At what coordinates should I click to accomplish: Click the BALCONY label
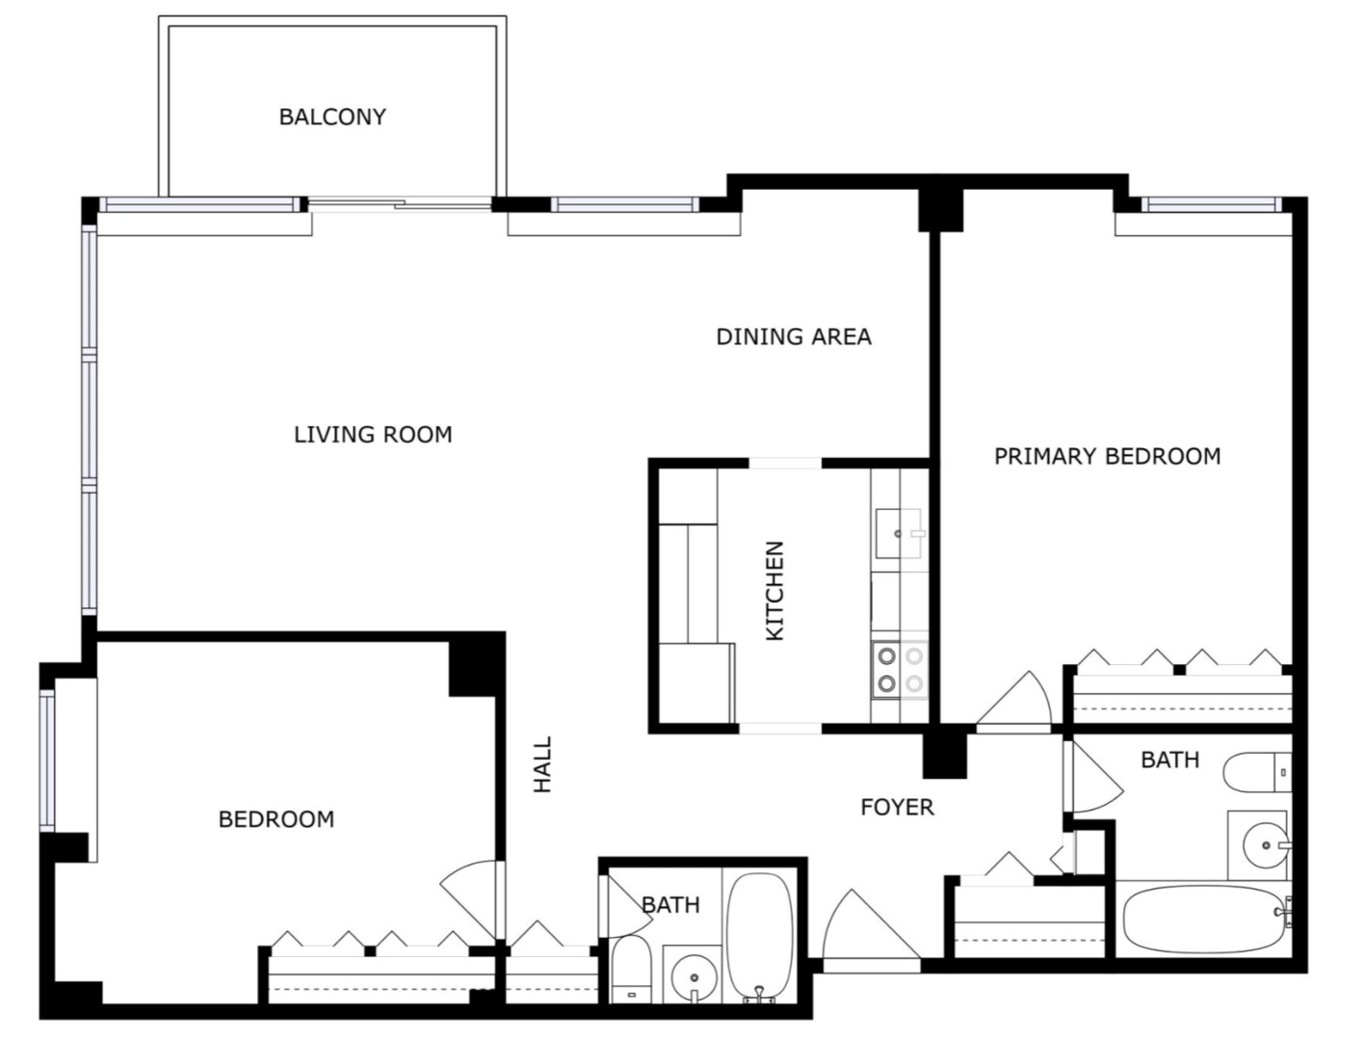332,117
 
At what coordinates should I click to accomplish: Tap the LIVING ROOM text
373,435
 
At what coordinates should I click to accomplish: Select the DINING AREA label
793,336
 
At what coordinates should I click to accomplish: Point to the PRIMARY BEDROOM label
1107,456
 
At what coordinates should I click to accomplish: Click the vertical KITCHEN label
774,591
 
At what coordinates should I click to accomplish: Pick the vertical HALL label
543,765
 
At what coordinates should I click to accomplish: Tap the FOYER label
897,807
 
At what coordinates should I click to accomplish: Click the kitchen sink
898,533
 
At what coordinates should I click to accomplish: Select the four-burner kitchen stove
899,670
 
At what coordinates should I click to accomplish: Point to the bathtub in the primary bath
1203,920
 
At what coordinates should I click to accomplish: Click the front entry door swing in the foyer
867,927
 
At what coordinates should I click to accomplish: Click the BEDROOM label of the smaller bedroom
276,819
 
